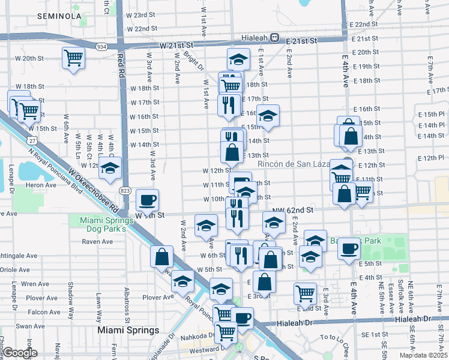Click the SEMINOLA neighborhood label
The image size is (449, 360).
point(59,16)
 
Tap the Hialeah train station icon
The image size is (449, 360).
point(274,37)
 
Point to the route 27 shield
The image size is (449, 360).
point(31,140)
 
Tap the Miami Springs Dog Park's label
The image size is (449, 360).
point(103,224)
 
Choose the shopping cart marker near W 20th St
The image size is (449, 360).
point(73,58)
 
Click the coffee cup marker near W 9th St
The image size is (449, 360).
point(147,200)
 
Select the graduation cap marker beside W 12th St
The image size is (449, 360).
point(110,169)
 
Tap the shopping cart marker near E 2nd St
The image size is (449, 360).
point(305,294)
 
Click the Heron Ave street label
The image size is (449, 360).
point(41,186)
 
